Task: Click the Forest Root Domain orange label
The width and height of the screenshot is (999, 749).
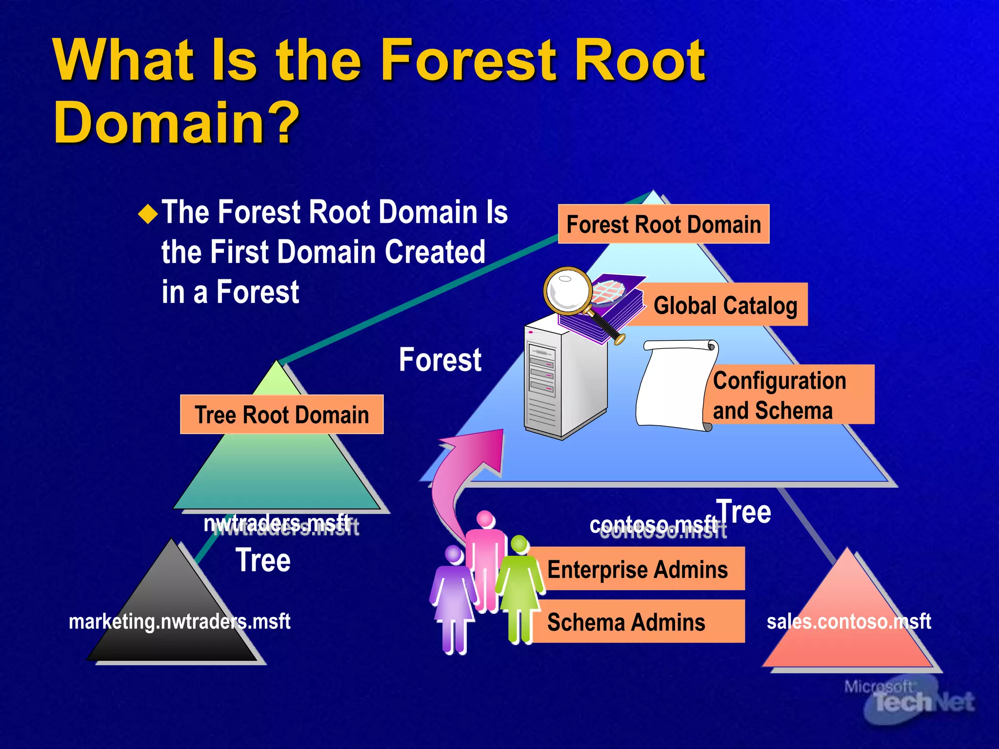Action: click(x=663, y=224)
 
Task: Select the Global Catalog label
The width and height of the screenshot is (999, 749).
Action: click(x=725, y=305)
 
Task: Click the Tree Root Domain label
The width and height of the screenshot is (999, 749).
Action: click(x=281, y=414)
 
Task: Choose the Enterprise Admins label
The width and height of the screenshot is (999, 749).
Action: click(x=637, y=569)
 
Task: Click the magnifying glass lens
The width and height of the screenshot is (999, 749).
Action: click(x=567, y=291)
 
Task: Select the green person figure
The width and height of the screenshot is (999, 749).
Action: click(x=519, y=590)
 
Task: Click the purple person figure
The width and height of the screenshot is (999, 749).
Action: click(x=454, y=600)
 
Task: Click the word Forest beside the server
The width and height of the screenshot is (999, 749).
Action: click(x=440, y=360)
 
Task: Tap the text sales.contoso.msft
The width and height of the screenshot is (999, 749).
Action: click(x=849, y=621)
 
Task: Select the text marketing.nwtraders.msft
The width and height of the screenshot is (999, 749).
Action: click(x=180, y=621)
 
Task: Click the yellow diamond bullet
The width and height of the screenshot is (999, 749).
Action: click(x=148, y=214)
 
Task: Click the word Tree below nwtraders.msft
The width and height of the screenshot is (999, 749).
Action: click(x=263, y=560)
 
